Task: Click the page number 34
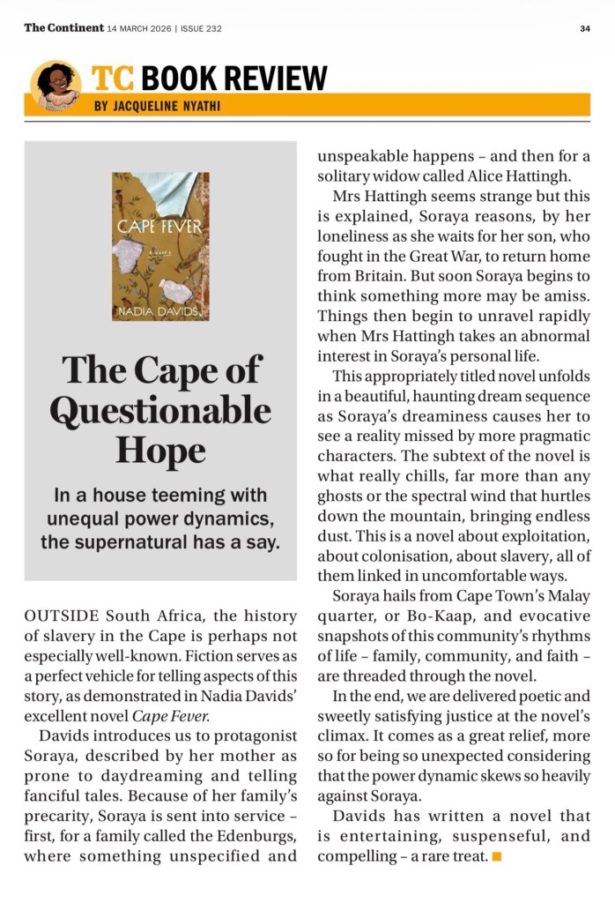(x=585, y=28)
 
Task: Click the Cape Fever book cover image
(x=160, y=246)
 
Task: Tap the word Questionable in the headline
(x=160, y=409)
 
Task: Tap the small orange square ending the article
(x=497, y=855)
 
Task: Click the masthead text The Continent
(x=63, y=28)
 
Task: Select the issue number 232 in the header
(x=212, y=28)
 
